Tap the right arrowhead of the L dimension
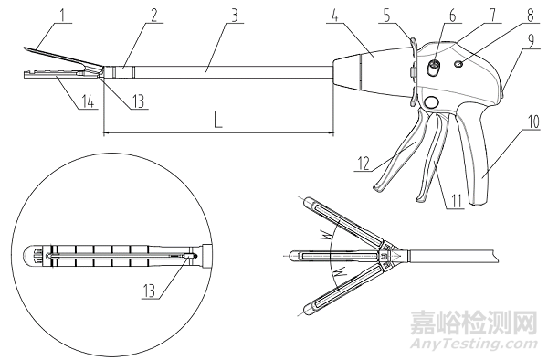coord(330,133)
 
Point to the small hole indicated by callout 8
coord(468,65)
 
